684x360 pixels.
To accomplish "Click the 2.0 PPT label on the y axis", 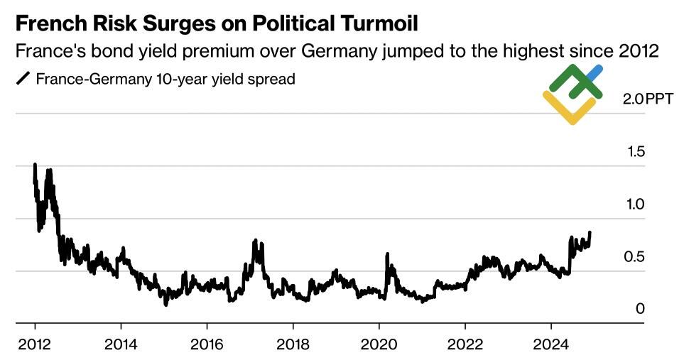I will pyautogui.click(x=642, y=99).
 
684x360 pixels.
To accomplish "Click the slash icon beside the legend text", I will pyautogui.click(x=23, y=79).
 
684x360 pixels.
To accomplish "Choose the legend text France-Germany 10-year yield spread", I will pyautogui.click(x=165, y=79).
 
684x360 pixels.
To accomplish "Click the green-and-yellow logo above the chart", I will pyautogui.click(x=573, y=94).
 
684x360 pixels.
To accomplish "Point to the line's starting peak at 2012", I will pyautogui.click(x=35, y=165).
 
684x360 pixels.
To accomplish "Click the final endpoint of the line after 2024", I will pyautogui.click(x=590, y=233).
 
